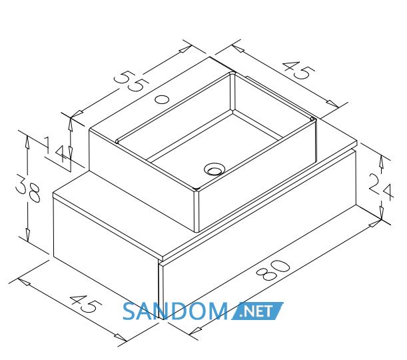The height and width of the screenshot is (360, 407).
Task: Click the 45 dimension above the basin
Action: pos(298,69)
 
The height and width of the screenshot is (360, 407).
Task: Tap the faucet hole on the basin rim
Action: pos(162,99)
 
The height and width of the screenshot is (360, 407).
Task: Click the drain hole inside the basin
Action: pos(214,169)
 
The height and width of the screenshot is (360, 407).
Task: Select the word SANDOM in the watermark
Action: pos(175,311)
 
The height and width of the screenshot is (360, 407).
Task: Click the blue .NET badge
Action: pos(257,311)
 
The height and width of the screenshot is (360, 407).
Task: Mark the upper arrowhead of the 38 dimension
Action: pos(27,142)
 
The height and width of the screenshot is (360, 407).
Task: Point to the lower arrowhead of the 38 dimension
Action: pos(28,235)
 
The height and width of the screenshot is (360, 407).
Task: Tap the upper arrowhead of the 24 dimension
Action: pos(381,161)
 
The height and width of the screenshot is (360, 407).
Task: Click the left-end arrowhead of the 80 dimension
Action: pos(195,331)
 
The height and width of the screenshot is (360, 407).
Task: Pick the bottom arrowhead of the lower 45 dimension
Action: pos(121,337)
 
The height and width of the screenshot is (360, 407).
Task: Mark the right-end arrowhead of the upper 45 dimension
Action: pos(332,103)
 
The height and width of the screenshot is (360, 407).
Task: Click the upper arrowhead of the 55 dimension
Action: pos(185,49)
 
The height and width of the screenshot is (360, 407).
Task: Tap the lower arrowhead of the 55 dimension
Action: pos(77,114)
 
